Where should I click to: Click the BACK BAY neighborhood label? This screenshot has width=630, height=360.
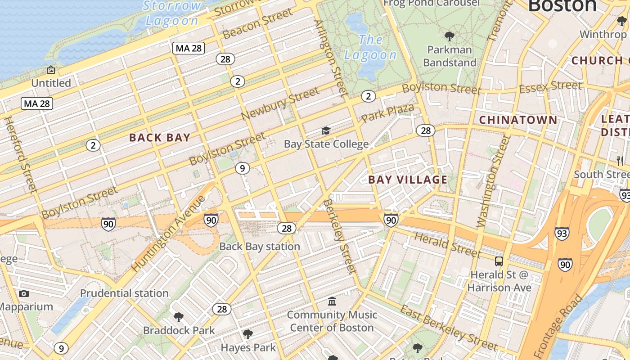[x=160, y=138]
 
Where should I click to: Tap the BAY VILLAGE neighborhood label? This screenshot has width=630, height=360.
[x=408, y=180]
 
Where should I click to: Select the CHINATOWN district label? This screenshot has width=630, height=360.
[x=518, y=120]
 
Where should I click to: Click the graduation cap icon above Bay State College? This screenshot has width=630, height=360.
[x=326, y=130]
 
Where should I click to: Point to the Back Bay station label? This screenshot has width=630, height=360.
[x=260, y=247]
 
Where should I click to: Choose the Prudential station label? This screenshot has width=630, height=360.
[x=124, y=293]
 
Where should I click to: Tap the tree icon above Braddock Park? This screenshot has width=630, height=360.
[x=179, y=317]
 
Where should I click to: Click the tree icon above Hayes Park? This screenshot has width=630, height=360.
[x=247, y=334]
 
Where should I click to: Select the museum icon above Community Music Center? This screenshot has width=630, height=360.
[x=332, y=301]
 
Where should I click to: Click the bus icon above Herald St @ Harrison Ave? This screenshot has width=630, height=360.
[x=499, y=261]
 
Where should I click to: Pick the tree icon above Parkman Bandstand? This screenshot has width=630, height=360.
[x=449, y=36]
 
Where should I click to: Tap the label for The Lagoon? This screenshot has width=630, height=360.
[x=370, y=47]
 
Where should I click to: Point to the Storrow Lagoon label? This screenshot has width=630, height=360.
[x=172, y=13]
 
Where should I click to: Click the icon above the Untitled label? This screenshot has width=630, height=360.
[x=51, y=70]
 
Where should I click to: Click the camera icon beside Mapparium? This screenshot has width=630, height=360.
[x=24, y=293]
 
